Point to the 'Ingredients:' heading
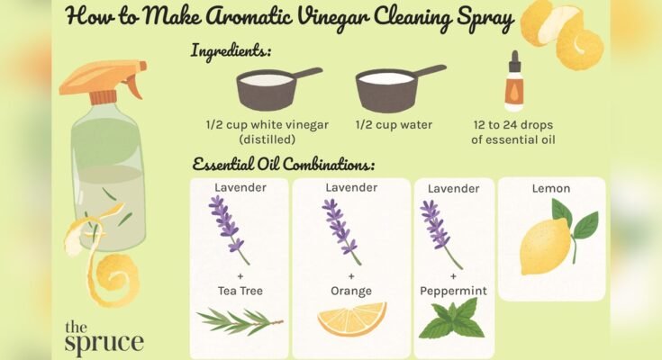(231, 50)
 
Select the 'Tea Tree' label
(239, 291)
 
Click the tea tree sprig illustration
(239, 319)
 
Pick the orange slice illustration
(352, 318)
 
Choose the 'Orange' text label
(351, 291)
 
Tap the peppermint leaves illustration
(453, 319)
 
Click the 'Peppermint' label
(453, 291)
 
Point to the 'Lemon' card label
(550, 189)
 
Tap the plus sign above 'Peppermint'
(453, 276)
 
